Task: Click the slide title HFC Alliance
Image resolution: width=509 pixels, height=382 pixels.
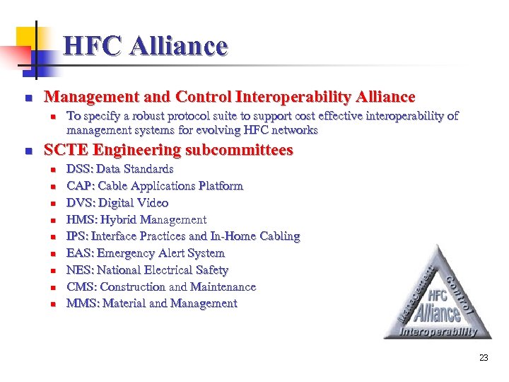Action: pos(145,47)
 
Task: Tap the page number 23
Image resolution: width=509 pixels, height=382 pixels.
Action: pos(484,358)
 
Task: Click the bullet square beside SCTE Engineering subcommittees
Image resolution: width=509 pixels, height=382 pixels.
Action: pos(27,151)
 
